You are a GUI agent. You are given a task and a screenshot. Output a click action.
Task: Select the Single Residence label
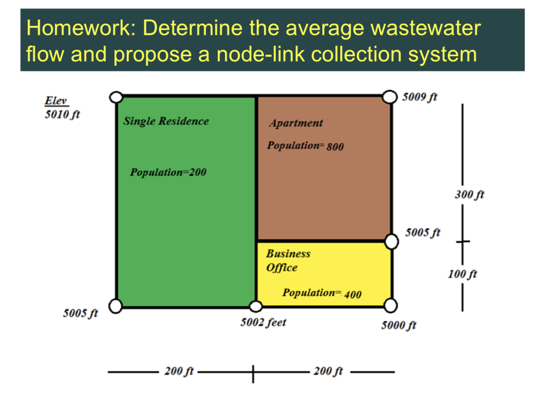coord(166,121)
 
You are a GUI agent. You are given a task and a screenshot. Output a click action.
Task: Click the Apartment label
coord(296,123)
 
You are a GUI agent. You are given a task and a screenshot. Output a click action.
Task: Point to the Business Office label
coord(288,260)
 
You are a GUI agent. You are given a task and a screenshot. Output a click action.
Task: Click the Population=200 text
coord(168,172)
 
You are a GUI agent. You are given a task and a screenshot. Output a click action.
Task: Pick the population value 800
coord(335,146)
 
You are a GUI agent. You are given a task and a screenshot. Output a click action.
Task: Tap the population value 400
coord(353,294)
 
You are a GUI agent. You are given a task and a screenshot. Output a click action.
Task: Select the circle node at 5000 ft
coord(391,306)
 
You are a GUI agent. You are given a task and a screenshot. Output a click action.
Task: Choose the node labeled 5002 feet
coord(256,306)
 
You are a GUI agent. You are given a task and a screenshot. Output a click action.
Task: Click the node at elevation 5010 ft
coord(116,97)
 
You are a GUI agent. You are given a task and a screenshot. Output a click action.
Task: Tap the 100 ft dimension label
coord(463,274)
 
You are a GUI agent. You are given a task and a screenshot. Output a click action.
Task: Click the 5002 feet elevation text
coord(263,322)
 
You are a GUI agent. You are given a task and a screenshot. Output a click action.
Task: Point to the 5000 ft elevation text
coord(398,325)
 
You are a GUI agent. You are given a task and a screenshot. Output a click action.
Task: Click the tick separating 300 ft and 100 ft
coord(463,242)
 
